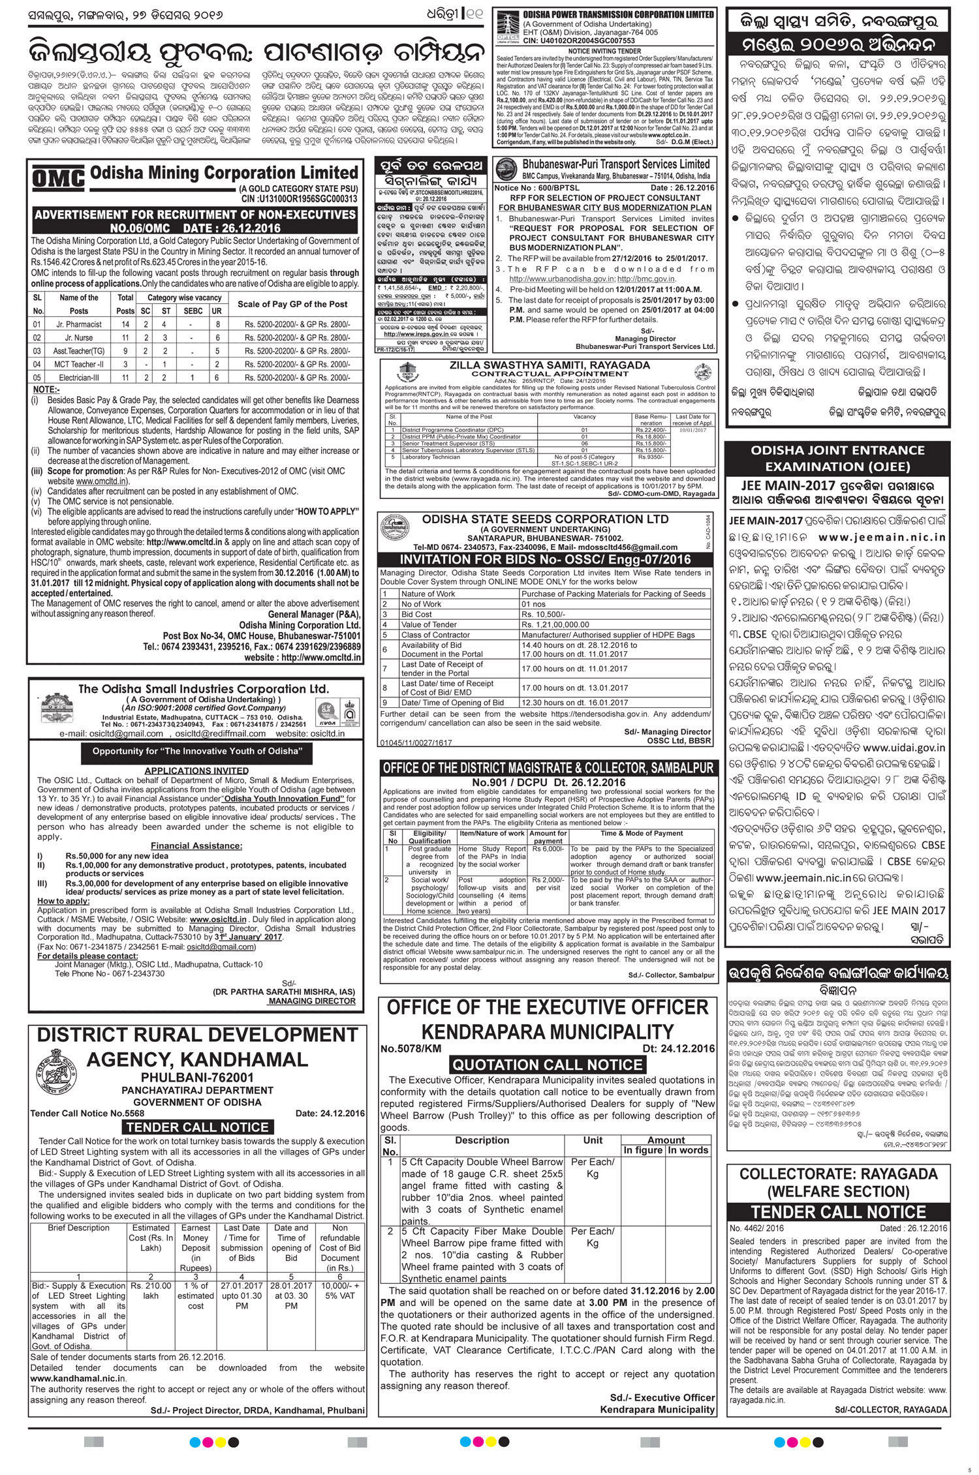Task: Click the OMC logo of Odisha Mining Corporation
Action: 58,179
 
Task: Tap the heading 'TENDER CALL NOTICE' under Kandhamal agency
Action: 197,1127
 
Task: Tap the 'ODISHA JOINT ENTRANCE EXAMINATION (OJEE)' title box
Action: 837,458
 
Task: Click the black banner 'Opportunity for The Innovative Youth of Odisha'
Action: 198,751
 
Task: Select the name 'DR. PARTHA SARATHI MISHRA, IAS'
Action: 284,991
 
